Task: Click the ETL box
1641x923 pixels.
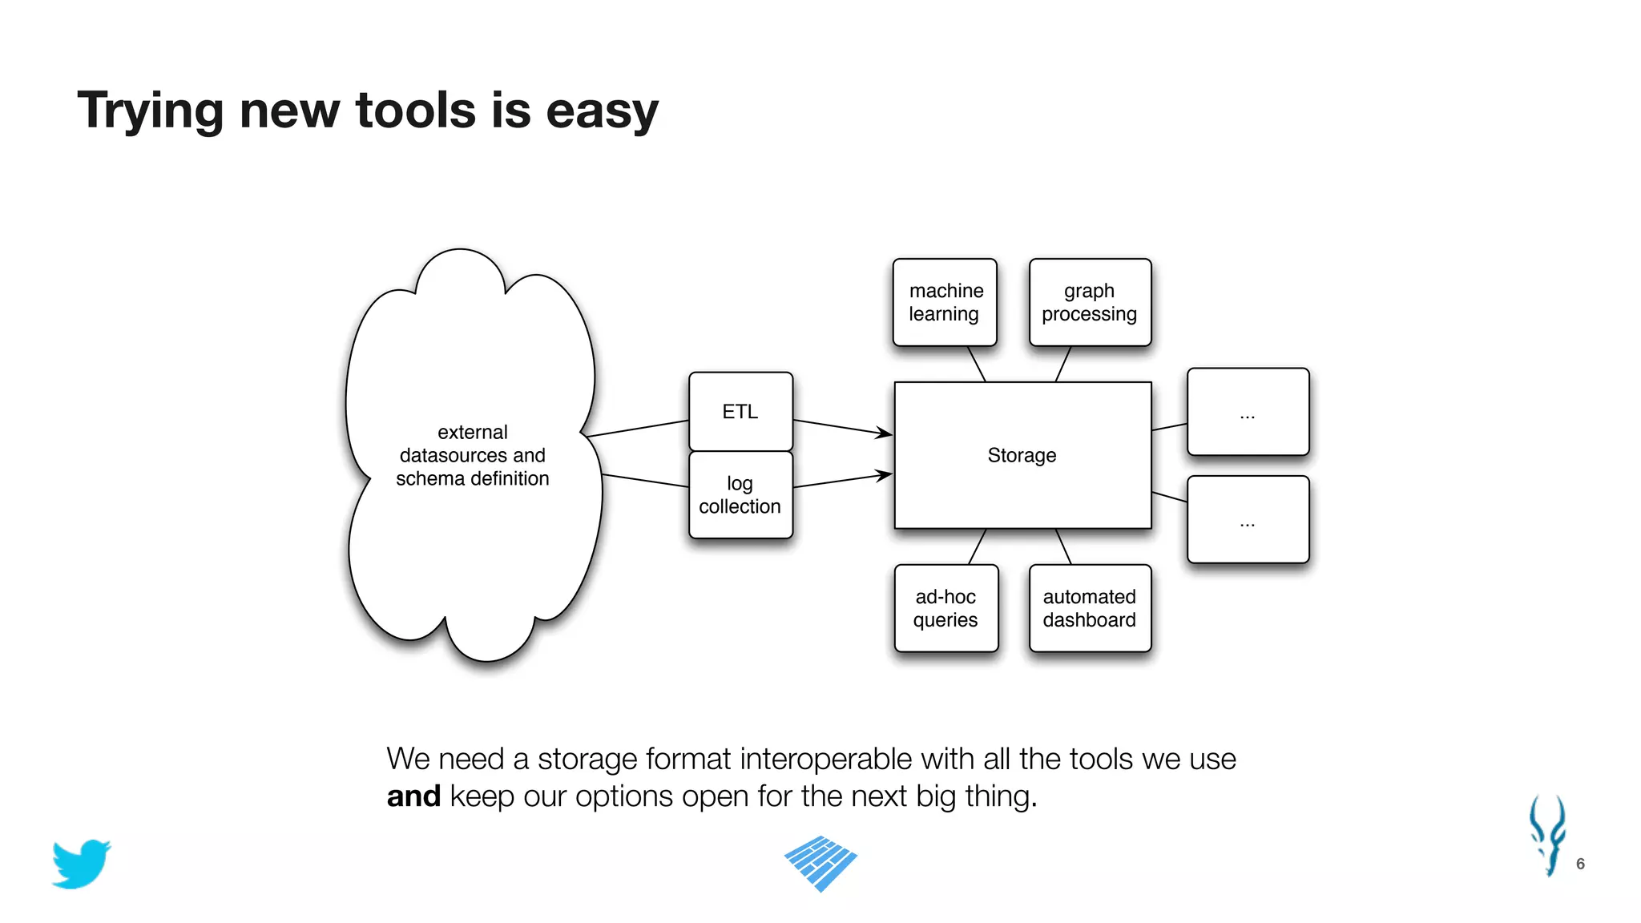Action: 740,412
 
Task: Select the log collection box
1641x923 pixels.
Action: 740,495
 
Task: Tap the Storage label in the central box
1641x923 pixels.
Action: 1022,455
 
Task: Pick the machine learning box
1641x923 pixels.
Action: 945,302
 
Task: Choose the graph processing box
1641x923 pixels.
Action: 1090,302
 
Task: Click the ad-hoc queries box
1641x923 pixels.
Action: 945,608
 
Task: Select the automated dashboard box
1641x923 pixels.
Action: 1090,608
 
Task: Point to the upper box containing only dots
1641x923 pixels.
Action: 1248,412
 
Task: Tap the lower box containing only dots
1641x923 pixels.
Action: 1248,520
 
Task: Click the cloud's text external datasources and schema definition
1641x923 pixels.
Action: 473,455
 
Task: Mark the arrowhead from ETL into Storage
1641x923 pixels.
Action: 885,433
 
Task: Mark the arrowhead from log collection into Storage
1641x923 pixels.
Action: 885,475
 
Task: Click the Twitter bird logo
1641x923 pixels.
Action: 81,864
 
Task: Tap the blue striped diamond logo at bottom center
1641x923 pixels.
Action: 820,863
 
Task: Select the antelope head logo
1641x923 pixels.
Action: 1548,835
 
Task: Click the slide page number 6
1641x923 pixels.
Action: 1580,864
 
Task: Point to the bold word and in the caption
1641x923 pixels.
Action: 413,796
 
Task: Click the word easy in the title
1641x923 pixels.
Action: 602,111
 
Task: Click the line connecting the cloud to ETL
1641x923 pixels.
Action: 638,428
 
